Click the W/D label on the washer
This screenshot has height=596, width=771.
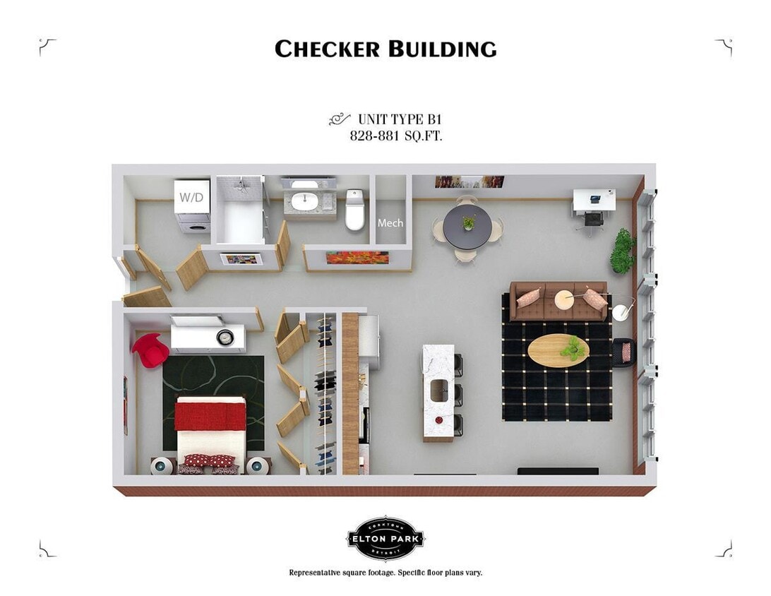click(191, 198)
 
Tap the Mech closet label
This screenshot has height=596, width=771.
click(390, 223)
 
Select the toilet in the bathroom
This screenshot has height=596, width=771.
click(354, 211)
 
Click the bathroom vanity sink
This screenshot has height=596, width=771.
click(305, 200)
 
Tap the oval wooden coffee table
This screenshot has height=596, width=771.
click(558, 350)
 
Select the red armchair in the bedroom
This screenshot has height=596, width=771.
click(150, 350)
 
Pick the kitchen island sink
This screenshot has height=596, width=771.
click(438, 388)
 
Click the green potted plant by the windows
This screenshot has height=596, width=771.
click(622, 251)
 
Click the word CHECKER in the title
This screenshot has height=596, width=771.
click(328, 49)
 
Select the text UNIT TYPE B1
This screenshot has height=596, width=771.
click(400, 119)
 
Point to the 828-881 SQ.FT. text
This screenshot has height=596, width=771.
click(396, 136)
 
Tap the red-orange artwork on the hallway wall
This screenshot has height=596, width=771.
click(357, 258)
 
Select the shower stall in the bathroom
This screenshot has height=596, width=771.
click(240, 212)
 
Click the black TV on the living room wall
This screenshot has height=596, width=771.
click(558, 471)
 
